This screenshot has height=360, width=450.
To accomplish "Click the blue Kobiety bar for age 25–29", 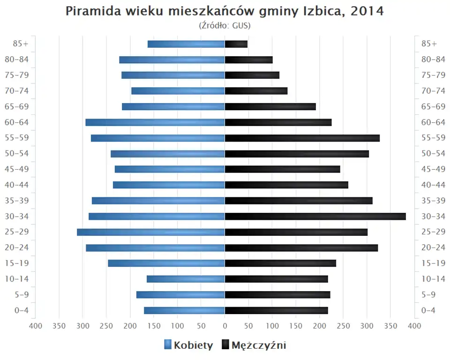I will (151, 232).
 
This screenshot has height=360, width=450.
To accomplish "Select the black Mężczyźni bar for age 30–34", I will (315, 217).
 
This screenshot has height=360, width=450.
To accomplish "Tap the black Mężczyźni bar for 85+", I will (236, 44).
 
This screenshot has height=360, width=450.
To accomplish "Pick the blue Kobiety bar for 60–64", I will (155, 122).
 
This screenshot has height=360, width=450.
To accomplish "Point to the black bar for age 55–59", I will (302, 138).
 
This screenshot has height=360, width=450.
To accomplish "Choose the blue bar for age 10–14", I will (186, 279).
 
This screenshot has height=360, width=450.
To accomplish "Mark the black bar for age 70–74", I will (256, 91).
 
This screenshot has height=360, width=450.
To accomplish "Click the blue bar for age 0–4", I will (184, 310).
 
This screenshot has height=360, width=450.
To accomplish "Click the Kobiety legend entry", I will (188, 345).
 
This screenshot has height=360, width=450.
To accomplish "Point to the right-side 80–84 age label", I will (433, 60).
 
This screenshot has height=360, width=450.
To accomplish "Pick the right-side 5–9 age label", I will (429, 295).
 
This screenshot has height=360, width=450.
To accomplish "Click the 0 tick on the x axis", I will (225, 326).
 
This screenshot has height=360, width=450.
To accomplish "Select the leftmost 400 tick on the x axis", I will (36, 326).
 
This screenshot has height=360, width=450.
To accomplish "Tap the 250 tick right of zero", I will (343, 326).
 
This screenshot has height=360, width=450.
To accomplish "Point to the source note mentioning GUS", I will (225, 25).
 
